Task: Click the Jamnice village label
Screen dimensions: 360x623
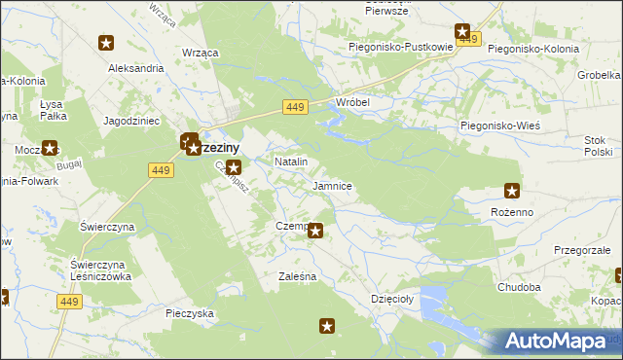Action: coord(332,185)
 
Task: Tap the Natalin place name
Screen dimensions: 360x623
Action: coord(291,161)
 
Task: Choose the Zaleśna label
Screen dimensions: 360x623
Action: coord(297,277)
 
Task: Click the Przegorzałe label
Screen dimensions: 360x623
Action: coord(582,249)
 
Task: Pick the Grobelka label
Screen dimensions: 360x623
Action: coord(601,74)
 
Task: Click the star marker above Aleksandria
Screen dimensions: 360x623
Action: coord(107,43)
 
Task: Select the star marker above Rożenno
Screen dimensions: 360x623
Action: coord(512,192)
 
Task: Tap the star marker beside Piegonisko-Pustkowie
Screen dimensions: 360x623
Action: coord(462,32)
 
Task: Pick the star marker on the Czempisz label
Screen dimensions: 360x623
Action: coord(315,230)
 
